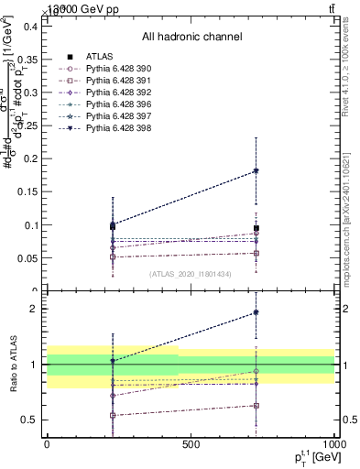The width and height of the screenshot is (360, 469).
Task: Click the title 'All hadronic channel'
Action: click(x=191, y=37)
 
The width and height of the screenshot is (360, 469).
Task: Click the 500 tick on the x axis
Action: click(x=191, y=444)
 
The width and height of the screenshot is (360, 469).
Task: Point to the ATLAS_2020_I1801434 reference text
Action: click(x=191, y=274)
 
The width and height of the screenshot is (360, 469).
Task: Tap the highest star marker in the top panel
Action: click(x=256, y=170)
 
